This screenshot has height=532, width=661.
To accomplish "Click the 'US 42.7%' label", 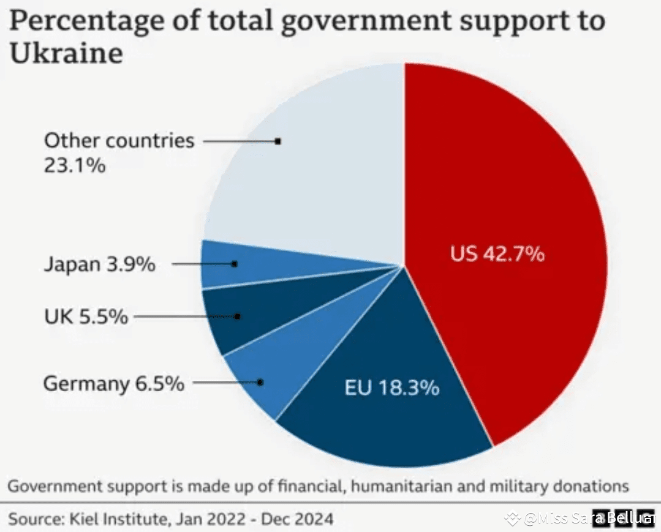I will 497,253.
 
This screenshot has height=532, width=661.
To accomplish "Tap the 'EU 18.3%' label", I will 392,388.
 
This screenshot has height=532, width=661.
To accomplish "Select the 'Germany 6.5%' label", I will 114,384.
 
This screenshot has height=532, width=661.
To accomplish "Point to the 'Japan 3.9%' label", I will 99,265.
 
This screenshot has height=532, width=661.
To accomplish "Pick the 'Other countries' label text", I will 119,141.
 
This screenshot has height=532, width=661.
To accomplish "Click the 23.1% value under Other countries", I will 74,165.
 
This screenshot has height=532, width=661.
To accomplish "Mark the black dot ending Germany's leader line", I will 260,382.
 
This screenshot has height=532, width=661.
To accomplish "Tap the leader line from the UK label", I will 184,317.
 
